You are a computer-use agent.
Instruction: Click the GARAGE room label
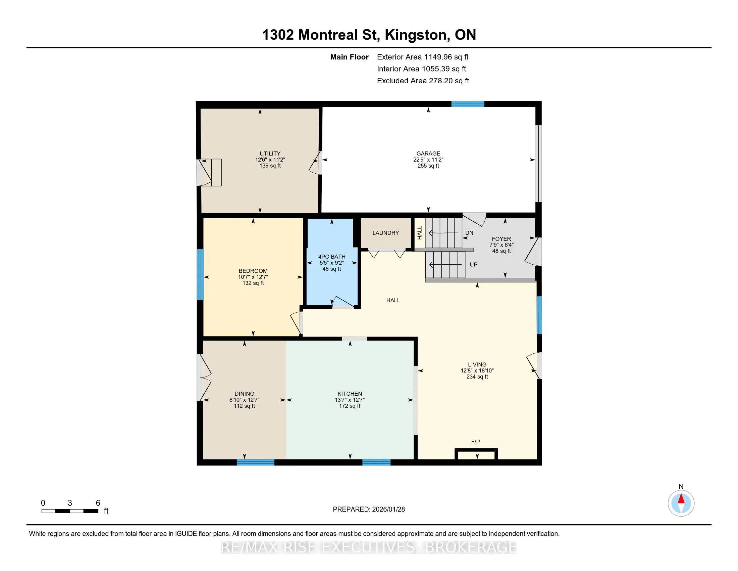pos(428,153)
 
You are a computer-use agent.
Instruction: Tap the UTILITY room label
pos(270,153)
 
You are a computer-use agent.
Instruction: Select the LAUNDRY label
pos(385,233)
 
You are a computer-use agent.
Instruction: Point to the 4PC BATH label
pos(331,257)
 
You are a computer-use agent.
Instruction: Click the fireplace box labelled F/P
pos(476,454)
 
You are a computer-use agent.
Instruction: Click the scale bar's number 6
pos(98,503)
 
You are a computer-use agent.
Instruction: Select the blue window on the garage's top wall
pos(468,104)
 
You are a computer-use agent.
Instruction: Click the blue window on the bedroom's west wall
pos(200,275)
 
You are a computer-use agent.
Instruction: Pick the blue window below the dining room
pos(256,463)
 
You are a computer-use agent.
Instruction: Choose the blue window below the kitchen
pos(376,463)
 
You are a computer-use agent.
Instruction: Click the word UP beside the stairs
pos(473,265)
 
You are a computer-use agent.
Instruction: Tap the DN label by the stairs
pos(469,233)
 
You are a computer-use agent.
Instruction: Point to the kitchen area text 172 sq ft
pos(350,406)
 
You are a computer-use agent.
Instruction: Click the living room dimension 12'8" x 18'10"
pos(477,370)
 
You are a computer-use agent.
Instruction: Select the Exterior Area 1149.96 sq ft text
pos(423,57)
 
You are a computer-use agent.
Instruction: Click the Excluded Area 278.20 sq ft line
pos(423,81)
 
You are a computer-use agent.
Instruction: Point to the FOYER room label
pos(502,239)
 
